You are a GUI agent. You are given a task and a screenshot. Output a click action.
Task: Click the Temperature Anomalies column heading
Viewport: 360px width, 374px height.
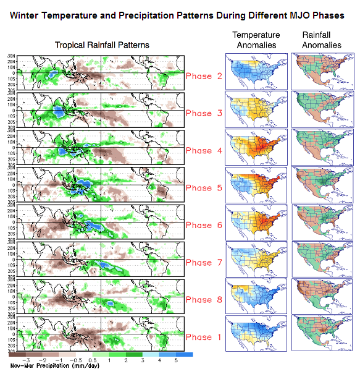tap(256, 40)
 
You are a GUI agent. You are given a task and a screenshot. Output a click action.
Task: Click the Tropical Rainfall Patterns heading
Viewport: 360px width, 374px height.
tap(102, 45)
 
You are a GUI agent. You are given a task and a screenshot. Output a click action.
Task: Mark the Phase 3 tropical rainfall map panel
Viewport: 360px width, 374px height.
tap(99, 110)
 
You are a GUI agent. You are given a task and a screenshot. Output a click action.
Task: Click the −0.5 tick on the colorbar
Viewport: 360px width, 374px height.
tap(80, 360)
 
